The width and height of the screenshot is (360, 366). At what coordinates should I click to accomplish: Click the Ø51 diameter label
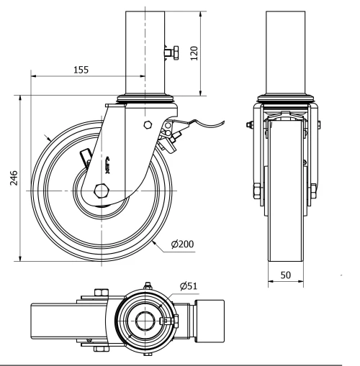(x=189, y=285)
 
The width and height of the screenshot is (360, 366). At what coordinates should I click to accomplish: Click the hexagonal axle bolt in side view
(x=100, y=191)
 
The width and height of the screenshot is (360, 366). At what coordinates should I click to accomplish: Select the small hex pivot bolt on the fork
(x=148, y=125)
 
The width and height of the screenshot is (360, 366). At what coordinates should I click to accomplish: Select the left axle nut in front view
(x=256, y=191)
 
